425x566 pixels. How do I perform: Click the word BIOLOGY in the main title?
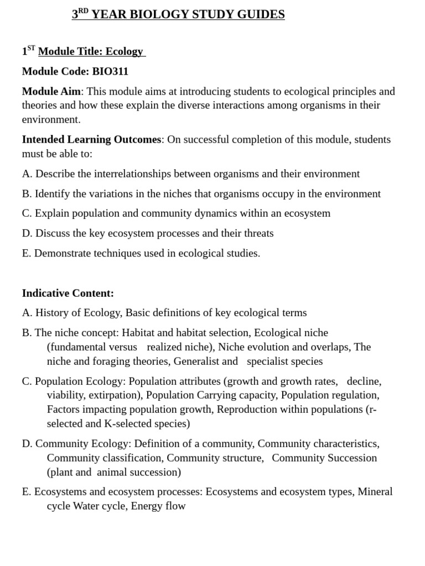[159, 14]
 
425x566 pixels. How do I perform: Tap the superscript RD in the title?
[83, 11]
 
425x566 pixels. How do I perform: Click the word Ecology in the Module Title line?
[124, 51]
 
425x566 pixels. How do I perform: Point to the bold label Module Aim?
[51, 91]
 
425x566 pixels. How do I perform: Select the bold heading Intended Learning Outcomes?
[91, 139]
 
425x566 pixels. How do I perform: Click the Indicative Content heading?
[68, 293]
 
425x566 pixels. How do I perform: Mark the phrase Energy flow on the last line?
[158, 506]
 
